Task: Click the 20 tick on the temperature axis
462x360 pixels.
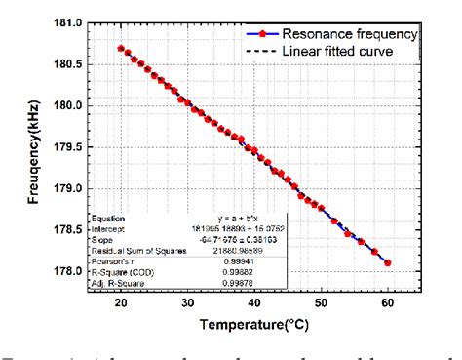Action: click(x=120, y=301)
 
